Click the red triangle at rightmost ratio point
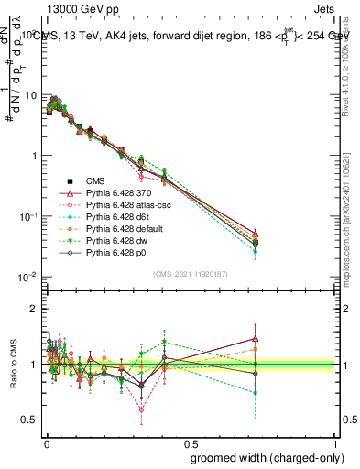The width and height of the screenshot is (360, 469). (x=307, y=339)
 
